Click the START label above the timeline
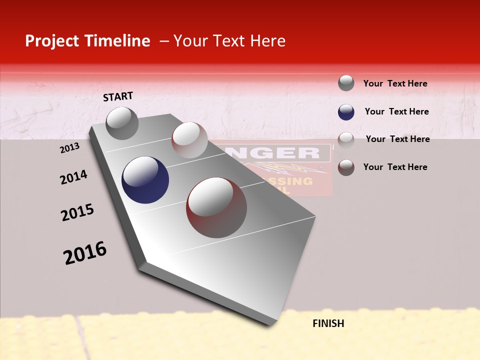pyautogui.click(x=118, y=96)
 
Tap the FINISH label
pyautogui.click(x=328, y=323)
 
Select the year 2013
pyautogui.click(x=69, y=148)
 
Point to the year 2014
pyautogui.click(x=73, y=177)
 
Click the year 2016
pyautogui.click(x=85, y=253)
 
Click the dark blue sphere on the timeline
pyautogui.click(x=145, y=180)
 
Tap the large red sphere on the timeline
pyautogui.click(x=216, y=207)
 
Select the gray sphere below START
pyautogui.click(x=122, y=123)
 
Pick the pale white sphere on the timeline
pyautogui.click(x=189, y=140)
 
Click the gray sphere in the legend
pyautogui.click(x=346, y=83)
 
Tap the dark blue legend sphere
pyautogui.click(x=346, y=112)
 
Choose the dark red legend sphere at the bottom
pyautogui.click(x=346, y=167)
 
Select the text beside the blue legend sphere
pyautogui.click(x=396, y=111)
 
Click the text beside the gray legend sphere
pyautogui.click(x=395, y=83)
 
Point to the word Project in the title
pyautogui.click(x=51, y=41)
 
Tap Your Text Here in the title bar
pyautogui.click(x=229, y=41)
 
